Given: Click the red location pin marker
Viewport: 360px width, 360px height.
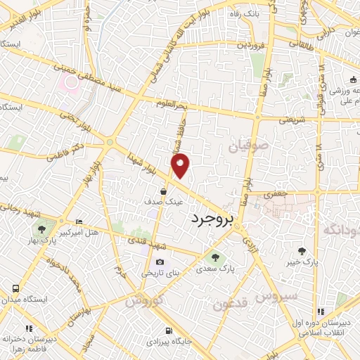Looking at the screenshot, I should click(x=181, y=165).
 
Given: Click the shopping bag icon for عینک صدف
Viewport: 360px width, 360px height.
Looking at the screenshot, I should click(x=163, y=191).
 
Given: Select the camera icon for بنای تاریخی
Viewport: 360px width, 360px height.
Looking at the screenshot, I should click(x=160, y=262).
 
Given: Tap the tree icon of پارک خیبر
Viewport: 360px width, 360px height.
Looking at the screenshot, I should click(x=302, y=251).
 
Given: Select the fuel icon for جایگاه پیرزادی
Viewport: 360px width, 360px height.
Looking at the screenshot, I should click(x=167, y=331).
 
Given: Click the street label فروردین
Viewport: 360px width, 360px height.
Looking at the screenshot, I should click(x=250, y=45).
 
